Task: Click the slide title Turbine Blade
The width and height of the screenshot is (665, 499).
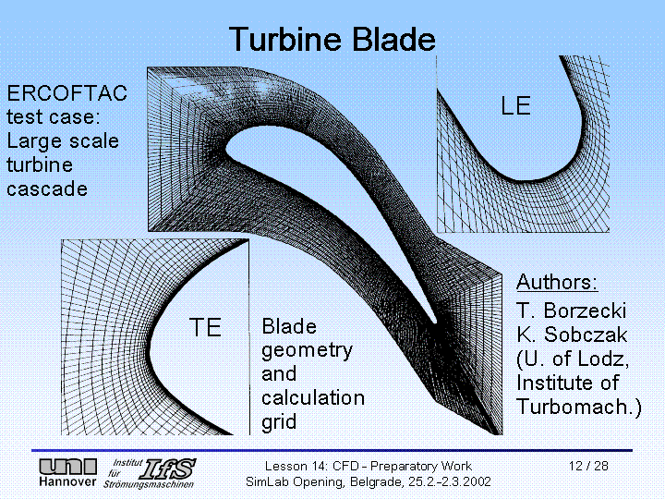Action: click(332, 40)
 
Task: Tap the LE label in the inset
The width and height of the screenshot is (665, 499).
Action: click(515, 106)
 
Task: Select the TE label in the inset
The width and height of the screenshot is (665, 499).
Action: click(205, 327)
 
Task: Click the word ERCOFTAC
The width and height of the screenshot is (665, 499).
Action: click(66, 93)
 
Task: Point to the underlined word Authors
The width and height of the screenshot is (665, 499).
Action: click(557, 282)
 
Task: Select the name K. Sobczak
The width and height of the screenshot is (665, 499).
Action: click(573, 335)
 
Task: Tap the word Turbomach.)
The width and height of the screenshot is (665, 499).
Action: click(578, 407)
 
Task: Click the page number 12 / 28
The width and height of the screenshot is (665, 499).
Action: click(588, 466)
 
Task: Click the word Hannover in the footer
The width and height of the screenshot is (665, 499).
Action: click(66, 482)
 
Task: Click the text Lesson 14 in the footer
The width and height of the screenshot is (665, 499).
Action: click(295, 466)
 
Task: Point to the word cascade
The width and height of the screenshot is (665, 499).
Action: click(47, 189)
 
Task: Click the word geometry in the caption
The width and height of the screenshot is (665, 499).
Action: click(307, 350)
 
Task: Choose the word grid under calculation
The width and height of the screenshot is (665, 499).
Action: click(279, 422)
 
